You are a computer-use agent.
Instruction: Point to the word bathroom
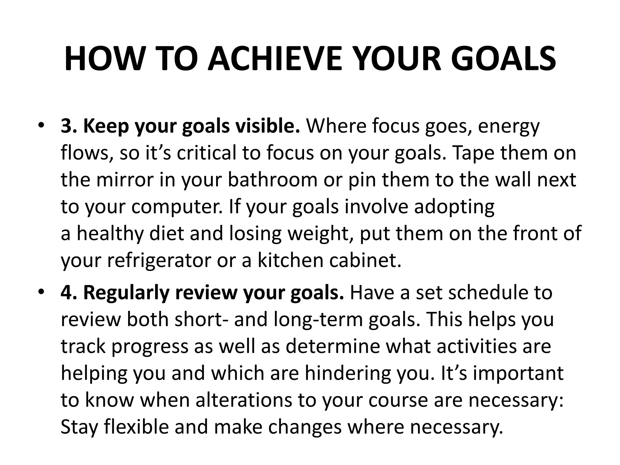[272, 180]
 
